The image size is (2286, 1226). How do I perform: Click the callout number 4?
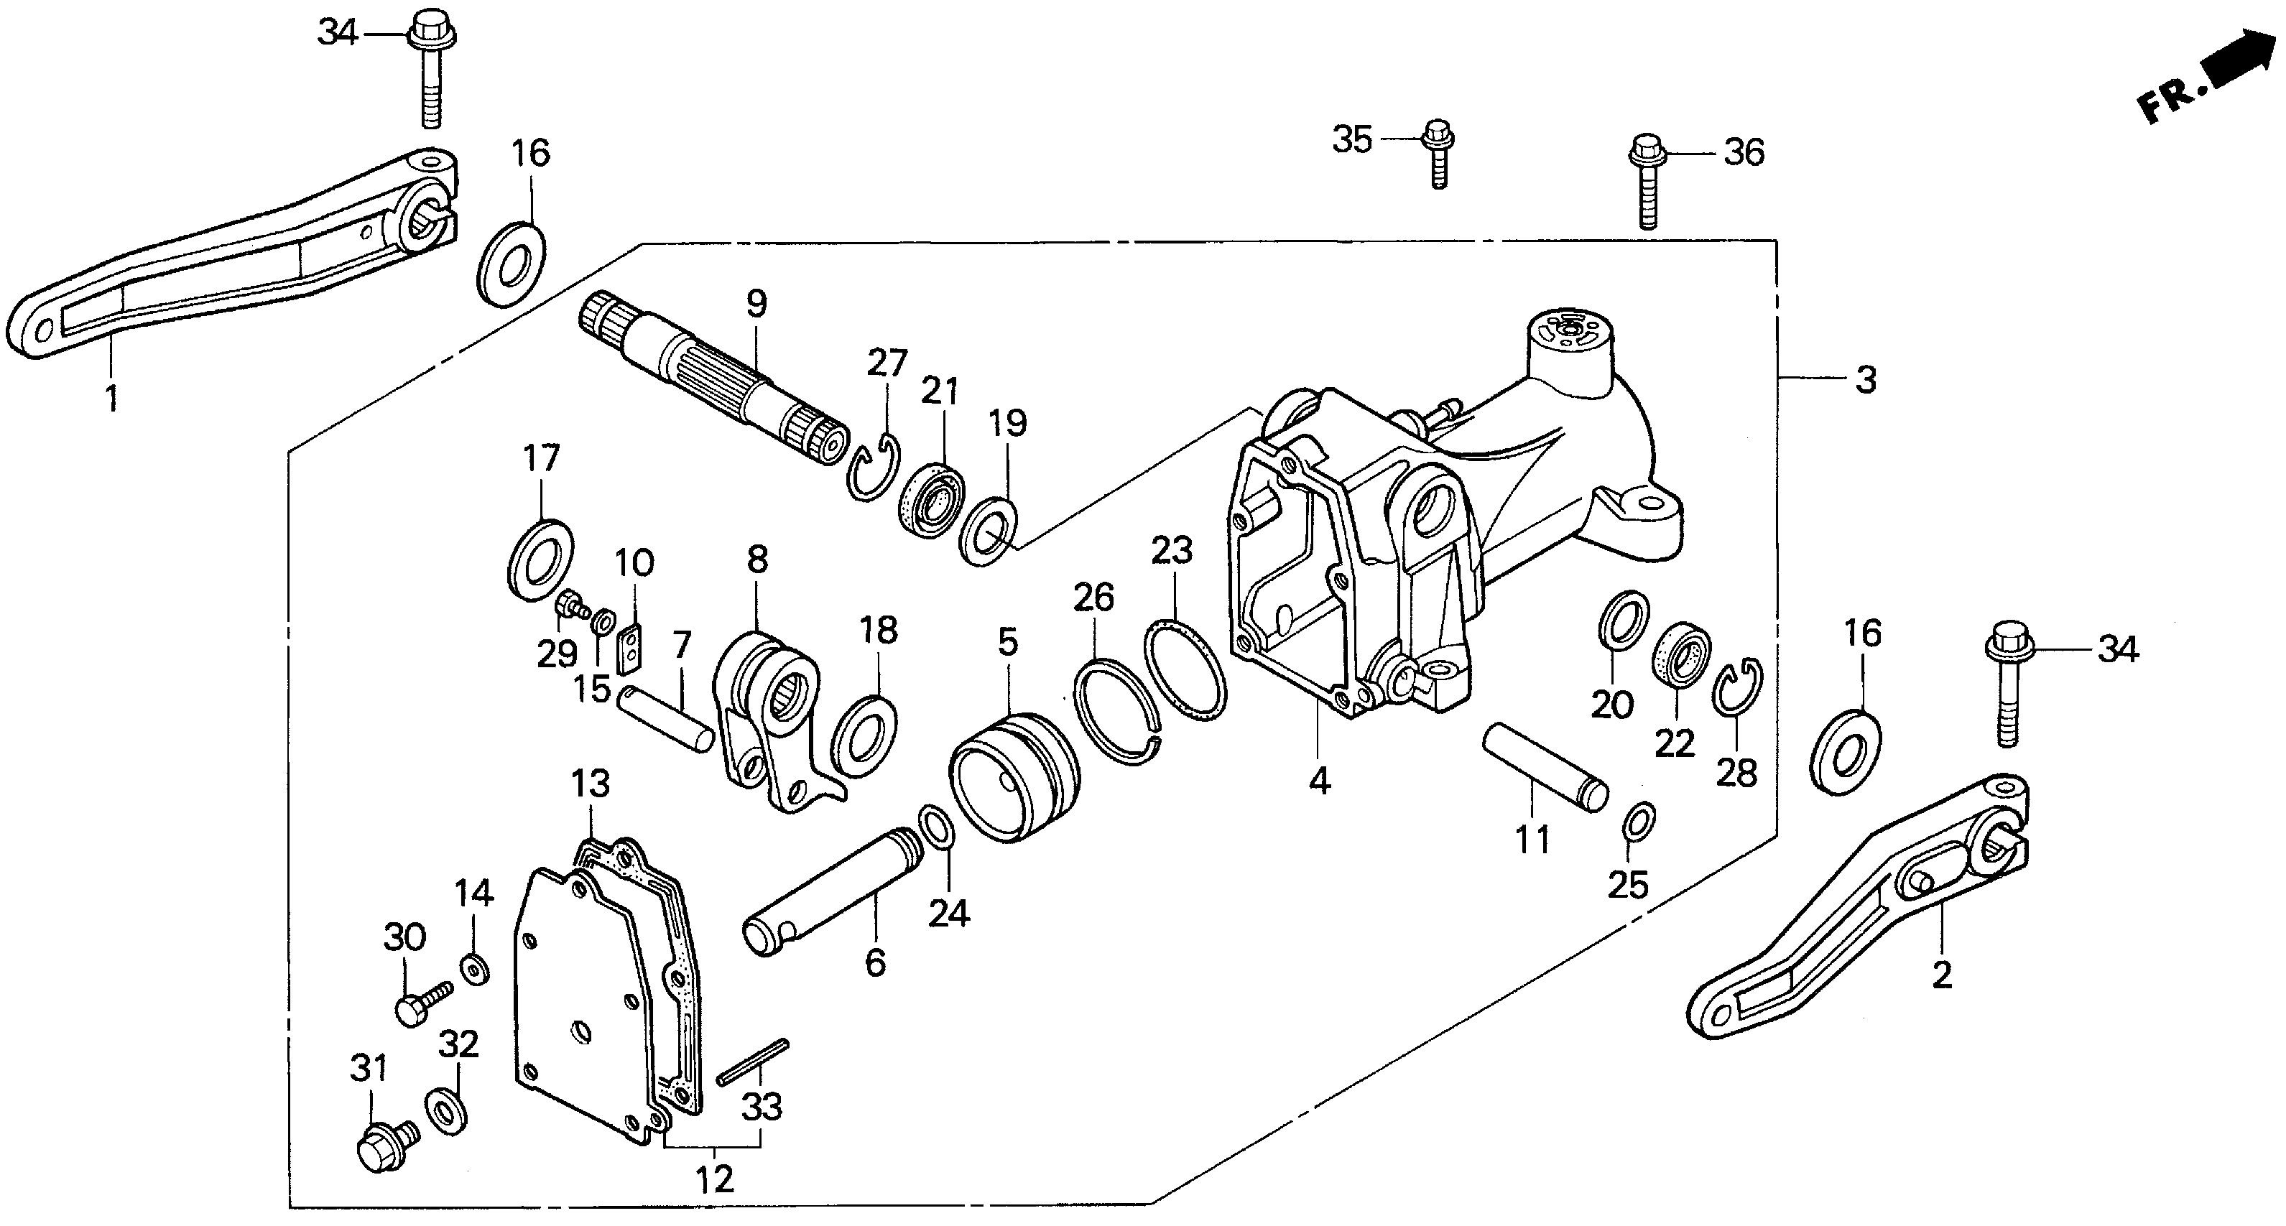pyautogui.click(x=1320, y=781)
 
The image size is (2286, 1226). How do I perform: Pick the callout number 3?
pyautogui.click(x=1866, y=381)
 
